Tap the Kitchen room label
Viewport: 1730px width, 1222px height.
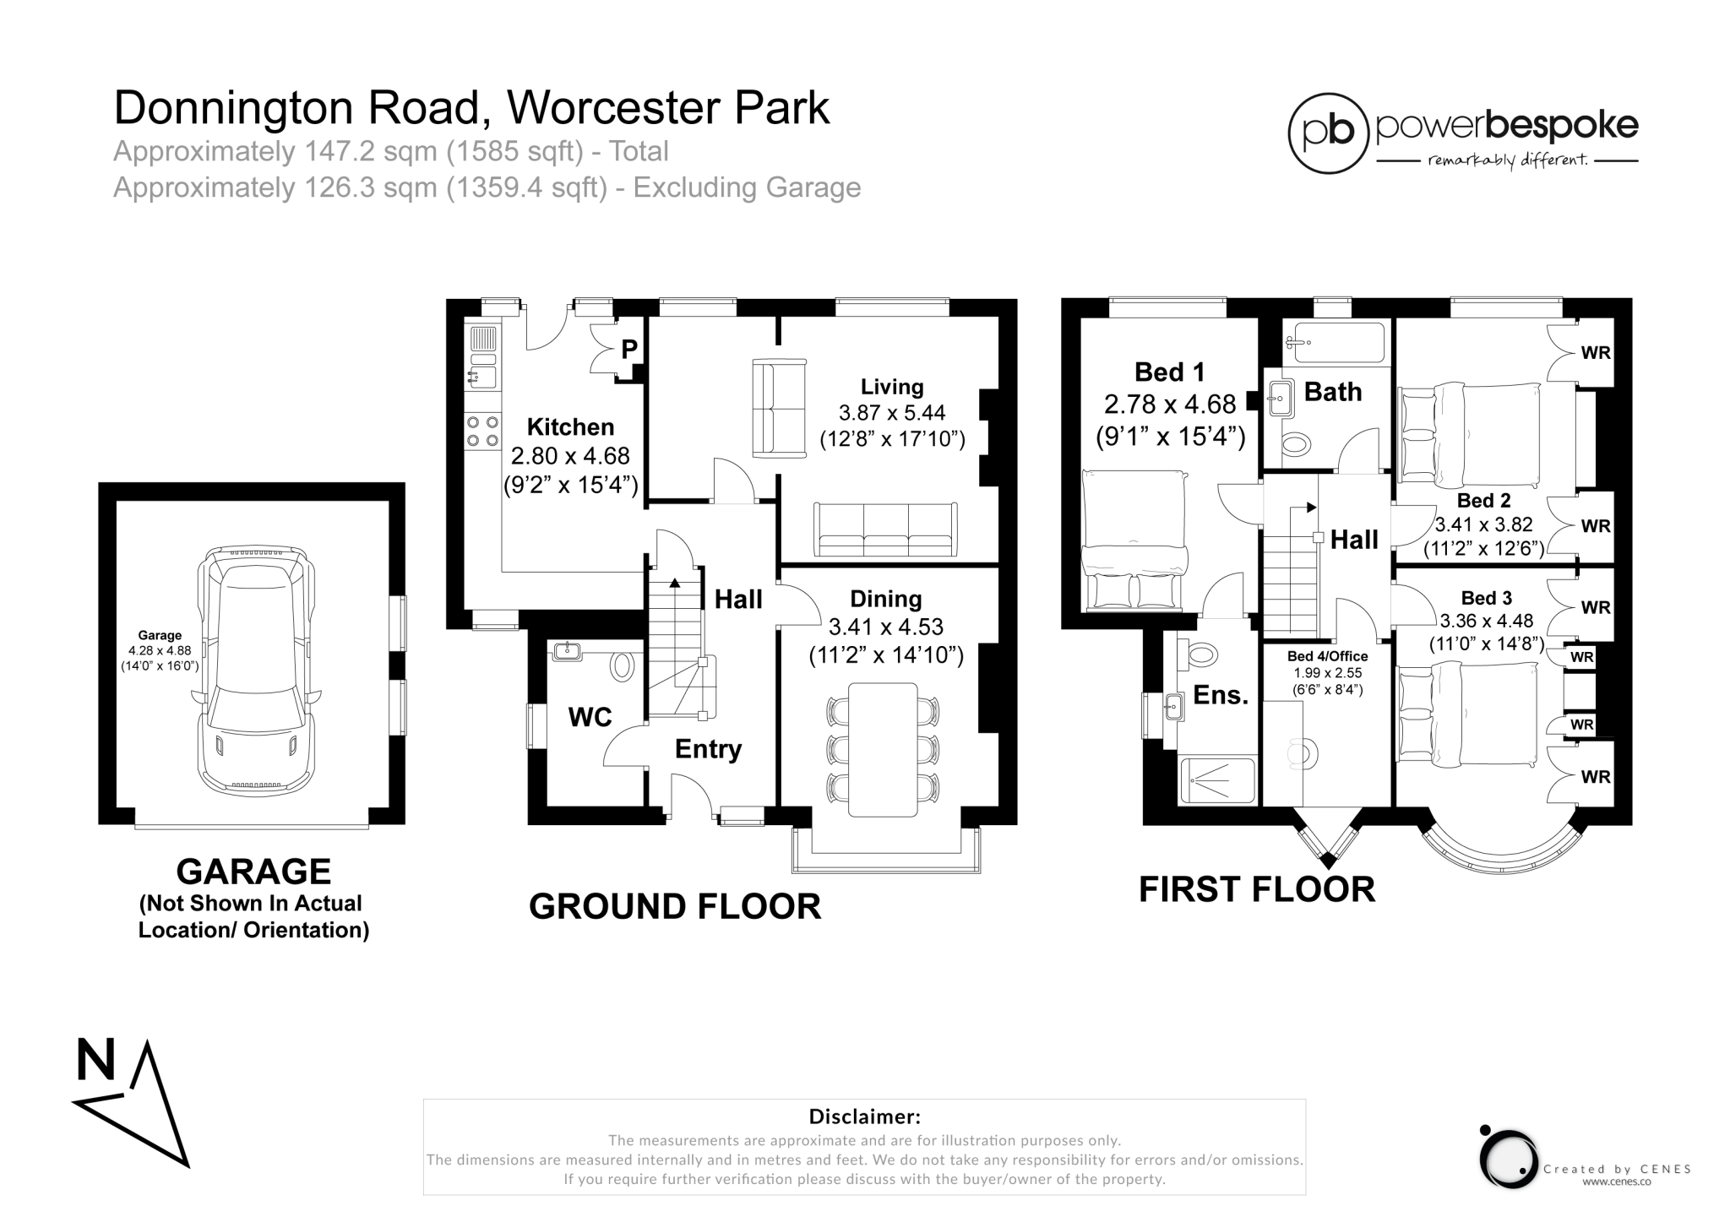tap(570, 426)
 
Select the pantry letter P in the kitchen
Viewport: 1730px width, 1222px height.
tap(629, 350)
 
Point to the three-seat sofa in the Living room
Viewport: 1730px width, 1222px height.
tap(884, 530)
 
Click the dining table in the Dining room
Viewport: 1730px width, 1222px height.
tap(882, 749)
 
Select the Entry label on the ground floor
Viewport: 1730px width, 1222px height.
tap(708, 749)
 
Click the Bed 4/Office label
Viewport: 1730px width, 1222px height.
tap(1327, 656)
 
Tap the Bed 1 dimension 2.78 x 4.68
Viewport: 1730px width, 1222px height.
tap(1170, 405)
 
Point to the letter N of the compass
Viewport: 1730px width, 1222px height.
tap(95, 1061)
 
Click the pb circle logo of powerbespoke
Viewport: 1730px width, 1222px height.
tap(1328, 133)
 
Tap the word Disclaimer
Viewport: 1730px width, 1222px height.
tap(864, 1116)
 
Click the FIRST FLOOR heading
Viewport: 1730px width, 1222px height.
tap(1256, 890)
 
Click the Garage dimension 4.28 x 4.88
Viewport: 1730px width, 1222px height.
tap(160, 651)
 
